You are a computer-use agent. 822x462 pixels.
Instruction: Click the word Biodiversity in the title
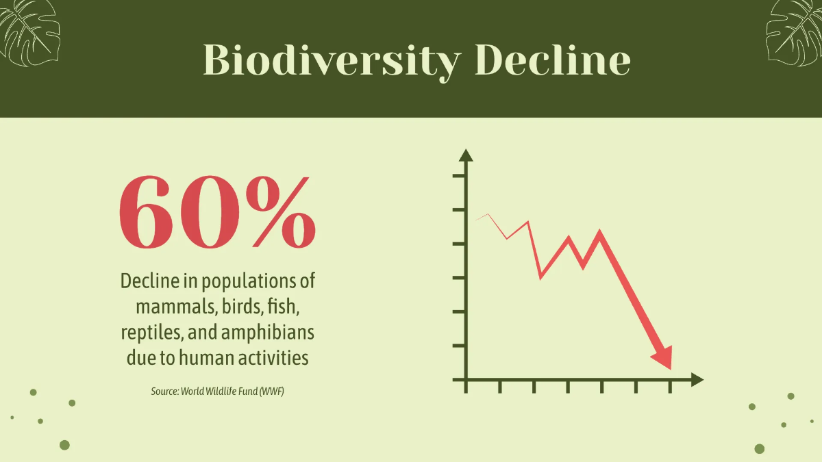[332, 61]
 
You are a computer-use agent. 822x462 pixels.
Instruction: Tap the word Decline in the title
[553, 60]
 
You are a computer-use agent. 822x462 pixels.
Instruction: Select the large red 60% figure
[217, 212]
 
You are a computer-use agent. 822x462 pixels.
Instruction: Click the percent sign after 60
[281, 212]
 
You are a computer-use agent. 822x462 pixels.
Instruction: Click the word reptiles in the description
[151, 333]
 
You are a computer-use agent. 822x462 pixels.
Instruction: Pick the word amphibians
[268, 333]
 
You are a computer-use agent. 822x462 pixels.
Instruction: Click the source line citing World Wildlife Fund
[217, 392]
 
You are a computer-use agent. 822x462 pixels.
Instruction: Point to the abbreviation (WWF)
[271, 392]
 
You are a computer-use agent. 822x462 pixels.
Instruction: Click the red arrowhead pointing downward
[663, 357]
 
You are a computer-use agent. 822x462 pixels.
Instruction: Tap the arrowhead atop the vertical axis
[466, 155]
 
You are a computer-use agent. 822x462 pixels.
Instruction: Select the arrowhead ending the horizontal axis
[697, 379]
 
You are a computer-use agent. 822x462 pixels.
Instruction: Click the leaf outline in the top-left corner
[29, 33]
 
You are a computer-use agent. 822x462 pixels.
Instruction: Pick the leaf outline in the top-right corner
[795, 33]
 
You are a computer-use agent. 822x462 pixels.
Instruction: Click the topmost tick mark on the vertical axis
[459, 176]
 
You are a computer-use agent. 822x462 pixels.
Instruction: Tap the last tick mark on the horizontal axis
[670, 387]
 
